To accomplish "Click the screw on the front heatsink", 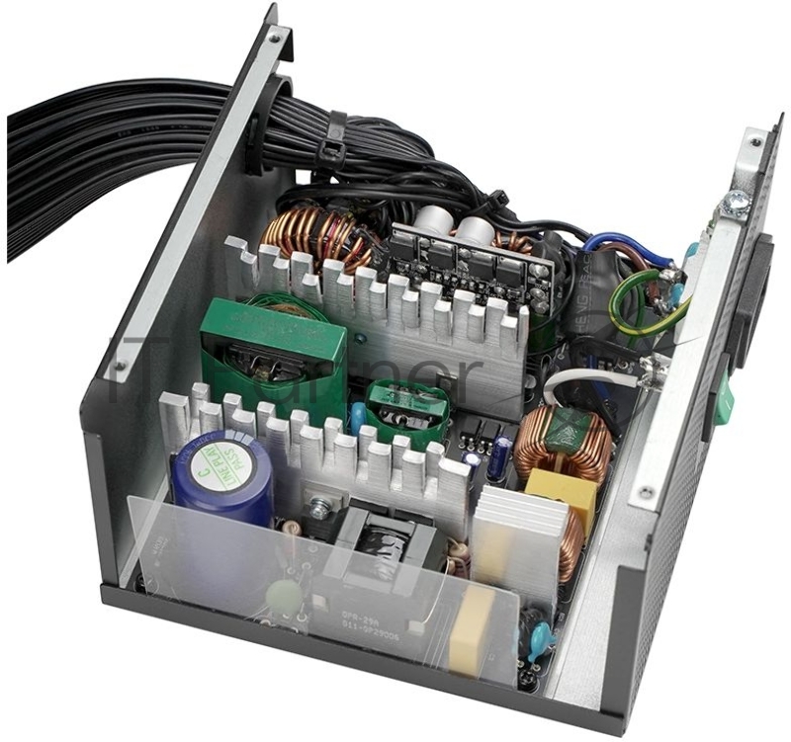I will click(319, 511).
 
